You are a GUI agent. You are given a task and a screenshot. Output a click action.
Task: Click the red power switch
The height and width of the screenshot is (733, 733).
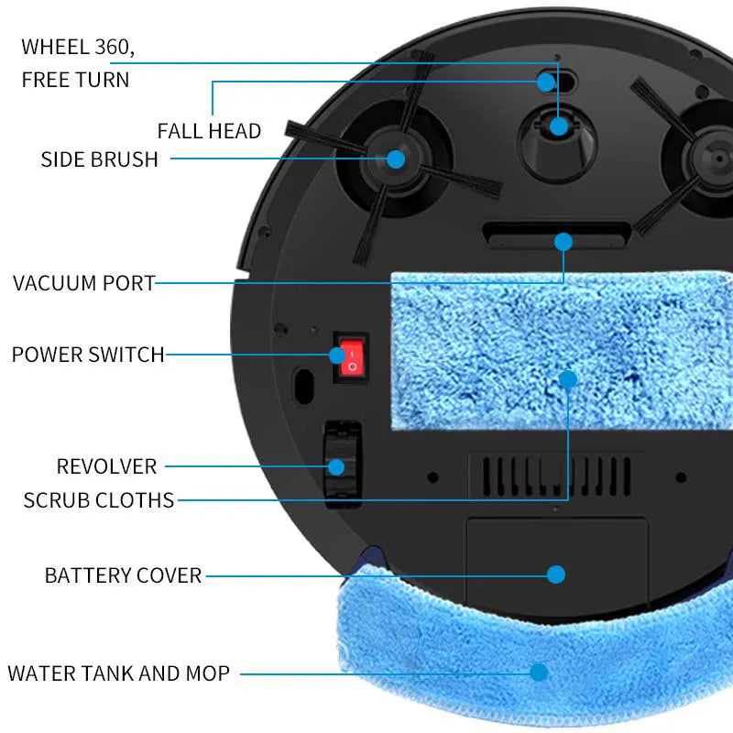(x=350, y=358)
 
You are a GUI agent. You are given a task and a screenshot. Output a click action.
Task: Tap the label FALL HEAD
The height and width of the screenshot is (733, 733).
(x=209, y=131)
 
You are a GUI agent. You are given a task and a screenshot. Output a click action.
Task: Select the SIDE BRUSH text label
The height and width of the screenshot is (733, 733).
(x=99, y=159)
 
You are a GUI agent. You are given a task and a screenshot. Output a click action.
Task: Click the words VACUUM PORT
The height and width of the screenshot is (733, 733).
(x=84, y=282)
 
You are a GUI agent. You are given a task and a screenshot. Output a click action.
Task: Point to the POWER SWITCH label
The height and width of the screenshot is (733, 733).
(x=88, y=354)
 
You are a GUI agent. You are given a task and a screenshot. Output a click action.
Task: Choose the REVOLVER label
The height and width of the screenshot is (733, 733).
(x=106, y=466)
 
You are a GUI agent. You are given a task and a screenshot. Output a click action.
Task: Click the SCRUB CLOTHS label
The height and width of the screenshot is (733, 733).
(x=99, y=500)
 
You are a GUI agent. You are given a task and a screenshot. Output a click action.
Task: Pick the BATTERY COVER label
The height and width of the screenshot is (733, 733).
(x=123, y=575)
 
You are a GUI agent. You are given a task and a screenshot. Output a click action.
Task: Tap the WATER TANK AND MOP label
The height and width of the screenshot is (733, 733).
(x=118, y=673)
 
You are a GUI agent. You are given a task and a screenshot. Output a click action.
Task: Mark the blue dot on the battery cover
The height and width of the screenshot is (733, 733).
(x=556, y=574)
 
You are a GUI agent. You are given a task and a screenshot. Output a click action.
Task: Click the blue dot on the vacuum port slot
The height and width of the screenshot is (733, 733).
(x=563, y=242)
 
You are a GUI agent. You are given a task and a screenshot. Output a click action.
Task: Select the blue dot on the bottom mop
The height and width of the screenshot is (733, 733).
(x=539, y=672)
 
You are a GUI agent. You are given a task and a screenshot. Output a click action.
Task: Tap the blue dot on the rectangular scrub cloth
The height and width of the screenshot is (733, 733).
(x=568, y=378)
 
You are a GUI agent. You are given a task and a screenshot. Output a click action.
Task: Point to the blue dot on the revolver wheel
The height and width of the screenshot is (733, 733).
(x=336, y=466)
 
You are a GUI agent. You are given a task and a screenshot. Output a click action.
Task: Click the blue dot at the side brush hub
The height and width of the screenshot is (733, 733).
(x=396, y=159)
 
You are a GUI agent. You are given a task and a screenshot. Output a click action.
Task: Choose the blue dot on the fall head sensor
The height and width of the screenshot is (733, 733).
(x=546, y=82)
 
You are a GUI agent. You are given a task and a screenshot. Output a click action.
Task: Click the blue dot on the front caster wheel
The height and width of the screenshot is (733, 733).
(x=559, y=126)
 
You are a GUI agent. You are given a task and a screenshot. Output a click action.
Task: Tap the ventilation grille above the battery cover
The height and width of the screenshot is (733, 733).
(x=551, y=474)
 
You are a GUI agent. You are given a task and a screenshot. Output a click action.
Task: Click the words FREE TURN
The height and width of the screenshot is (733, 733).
(x=75, y=80)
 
